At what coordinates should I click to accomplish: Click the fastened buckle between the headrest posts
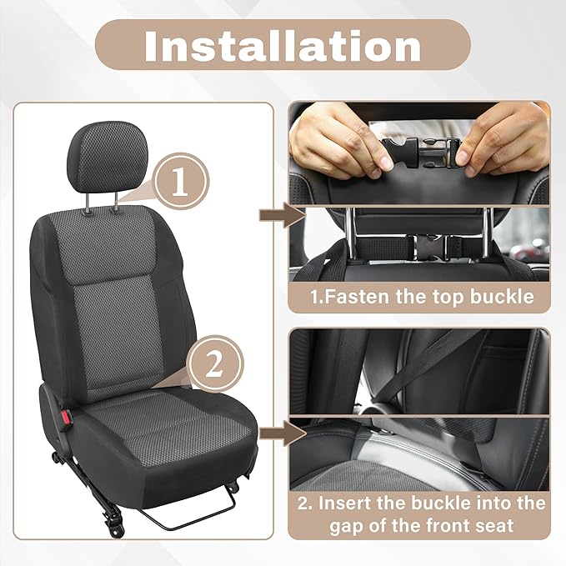point(428,246)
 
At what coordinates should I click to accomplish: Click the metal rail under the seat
point(200,513)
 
